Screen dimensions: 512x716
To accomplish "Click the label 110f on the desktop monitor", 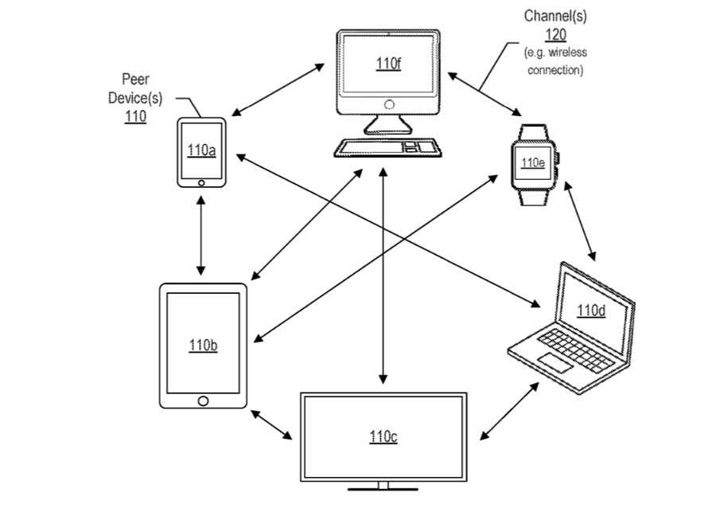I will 388,63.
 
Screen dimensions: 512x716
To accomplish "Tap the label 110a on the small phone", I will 200,150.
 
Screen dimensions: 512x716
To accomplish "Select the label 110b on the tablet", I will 203,346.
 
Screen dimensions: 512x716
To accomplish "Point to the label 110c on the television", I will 383,437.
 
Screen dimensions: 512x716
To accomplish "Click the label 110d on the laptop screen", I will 591,311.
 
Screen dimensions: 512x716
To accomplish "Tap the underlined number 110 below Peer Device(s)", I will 135,115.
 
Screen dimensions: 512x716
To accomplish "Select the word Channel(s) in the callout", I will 555,16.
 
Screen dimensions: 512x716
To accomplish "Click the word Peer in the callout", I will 135,79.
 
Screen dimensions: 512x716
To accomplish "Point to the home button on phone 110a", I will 201,182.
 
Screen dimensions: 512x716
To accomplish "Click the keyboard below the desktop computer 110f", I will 387,147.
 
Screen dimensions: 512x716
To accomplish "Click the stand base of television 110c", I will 383,485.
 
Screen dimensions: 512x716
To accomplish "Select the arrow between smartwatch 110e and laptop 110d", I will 581,221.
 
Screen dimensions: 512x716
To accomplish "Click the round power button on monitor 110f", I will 388,104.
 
